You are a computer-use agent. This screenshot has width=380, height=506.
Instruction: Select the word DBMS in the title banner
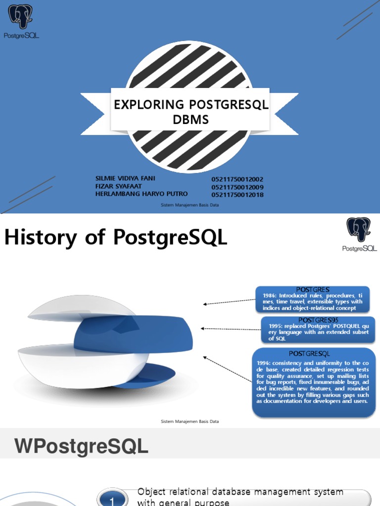click(190, 120)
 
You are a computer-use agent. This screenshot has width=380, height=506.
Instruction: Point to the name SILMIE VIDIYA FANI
click(124, 178)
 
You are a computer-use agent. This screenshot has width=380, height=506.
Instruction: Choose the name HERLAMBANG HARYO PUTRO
click(141, 194)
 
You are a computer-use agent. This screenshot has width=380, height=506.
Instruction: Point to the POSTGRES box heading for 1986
click(312, 289)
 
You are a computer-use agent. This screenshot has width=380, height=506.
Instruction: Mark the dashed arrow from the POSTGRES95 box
click(231, 328)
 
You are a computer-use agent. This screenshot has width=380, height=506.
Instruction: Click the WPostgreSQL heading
click(82, 447)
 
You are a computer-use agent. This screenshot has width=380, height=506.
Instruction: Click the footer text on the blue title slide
click(190, 205)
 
